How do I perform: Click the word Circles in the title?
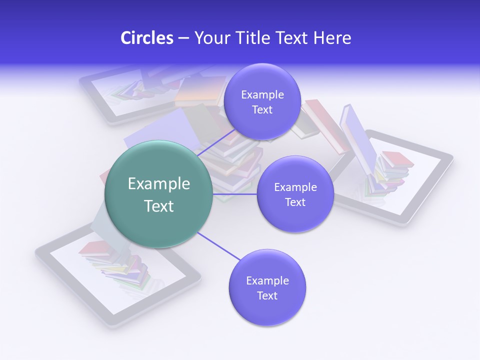pos(146,38)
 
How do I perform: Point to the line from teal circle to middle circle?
pos(234,194)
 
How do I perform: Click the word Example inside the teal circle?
pos(158,184)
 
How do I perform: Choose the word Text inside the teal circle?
pos(158,206)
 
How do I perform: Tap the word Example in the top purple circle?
pos(262,95)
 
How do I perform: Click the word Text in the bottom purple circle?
pos(267,296)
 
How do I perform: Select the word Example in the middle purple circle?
pos(295,187)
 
